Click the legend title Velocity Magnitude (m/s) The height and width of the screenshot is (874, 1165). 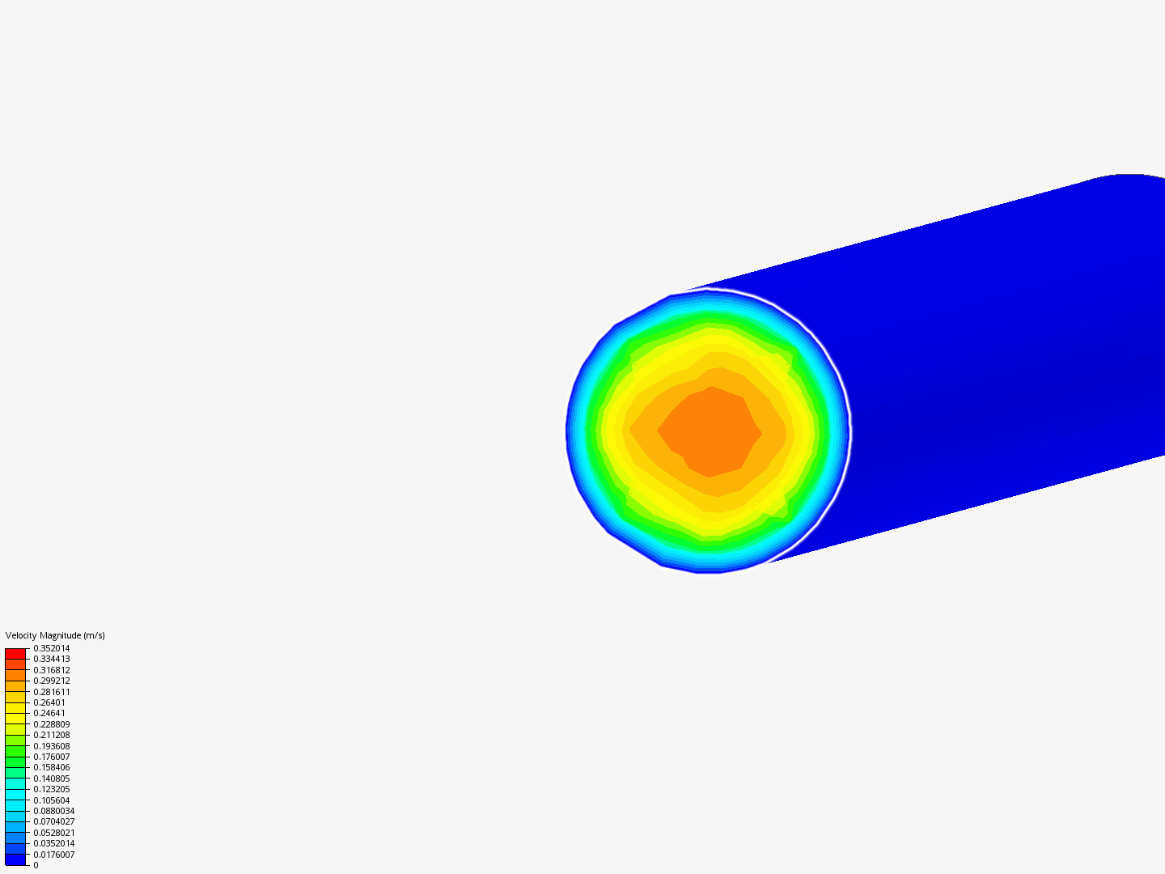(55, 635)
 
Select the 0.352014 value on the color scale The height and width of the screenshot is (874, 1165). (52, 648)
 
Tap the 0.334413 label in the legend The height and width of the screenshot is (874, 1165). (52, 659)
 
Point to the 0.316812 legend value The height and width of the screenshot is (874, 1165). (52, 670)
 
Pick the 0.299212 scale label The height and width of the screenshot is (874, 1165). (52, 681)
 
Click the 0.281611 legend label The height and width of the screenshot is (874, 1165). (52, 692)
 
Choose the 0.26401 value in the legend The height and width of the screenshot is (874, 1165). (49, 702)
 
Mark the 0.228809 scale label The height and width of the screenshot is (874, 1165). (52, 724)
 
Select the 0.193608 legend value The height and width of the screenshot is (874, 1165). (52, 746)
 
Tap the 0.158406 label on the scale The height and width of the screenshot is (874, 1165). (52, 767)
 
